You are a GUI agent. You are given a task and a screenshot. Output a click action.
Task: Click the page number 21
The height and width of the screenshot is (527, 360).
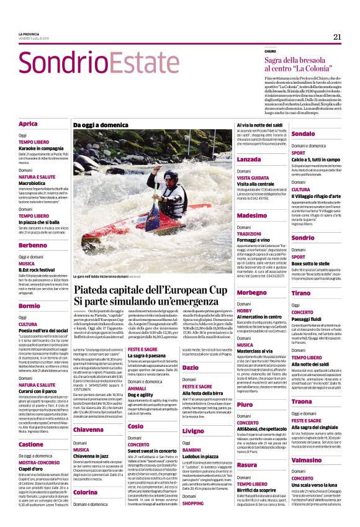pos(337,37)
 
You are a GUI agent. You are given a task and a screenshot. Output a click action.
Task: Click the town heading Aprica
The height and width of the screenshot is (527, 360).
pos(28,124)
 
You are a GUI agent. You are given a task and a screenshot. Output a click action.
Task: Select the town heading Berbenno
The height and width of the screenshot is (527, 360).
pos(33,245)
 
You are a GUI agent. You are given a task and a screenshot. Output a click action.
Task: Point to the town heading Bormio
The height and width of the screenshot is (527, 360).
pos(29,305)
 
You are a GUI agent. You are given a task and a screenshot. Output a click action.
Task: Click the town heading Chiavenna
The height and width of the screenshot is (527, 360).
pos(88,430)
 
